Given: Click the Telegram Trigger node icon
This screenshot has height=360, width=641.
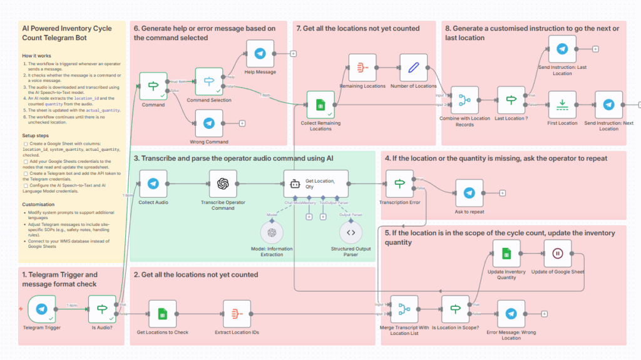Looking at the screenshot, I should point(41,309).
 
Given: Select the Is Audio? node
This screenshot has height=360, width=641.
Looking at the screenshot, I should point(102,309).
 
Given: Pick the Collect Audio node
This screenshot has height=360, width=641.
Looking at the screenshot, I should point(153,184).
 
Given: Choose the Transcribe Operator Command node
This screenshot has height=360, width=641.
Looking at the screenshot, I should point(223,184).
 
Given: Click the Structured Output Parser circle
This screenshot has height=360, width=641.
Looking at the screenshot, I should point(351,232).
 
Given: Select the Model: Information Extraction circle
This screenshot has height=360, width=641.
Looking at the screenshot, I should point(272,232).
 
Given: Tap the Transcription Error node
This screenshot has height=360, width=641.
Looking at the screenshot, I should point(399,184).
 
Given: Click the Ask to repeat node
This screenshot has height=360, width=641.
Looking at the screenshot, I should point(469,193).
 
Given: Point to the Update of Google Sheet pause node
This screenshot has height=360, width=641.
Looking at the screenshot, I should point(557,254).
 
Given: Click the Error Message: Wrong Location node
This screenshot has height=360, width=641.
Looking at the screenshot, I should point(511,314).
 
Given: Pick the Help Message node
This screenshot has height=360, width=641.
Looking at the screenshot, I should point(260,53).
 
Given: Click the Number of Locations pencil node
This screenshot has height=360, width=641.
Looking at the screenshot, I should point(413,67).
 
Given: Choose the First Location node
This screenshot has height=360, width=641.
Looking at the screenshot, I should point(562,104).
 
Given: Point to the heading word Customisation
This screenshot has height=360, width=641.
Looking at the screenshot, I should point(39,204).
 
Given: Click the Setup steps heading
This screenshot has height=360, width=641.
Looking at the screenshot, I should point(38,135).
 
